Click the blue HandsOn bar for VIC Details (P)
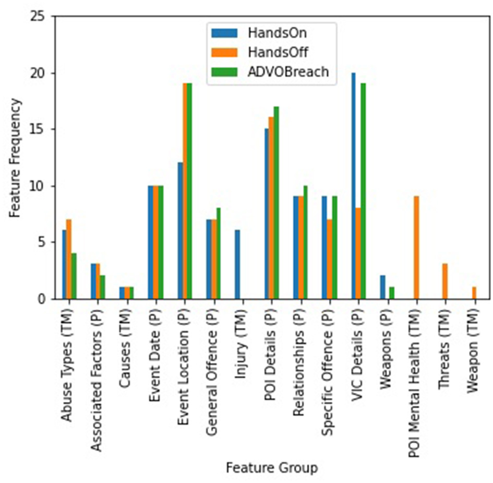click(353, 186)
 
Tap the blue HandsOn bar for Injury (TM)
click(237, 265)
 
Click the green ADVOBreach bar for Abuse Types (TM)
click(75, 276)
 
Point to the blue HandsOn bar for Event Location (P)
click(180, 231)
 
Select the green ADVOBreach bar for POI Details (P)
click(276, 203)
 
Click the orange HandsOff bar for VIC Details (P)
click(358, 253)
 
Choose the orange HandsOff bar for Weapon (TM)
click(474, 293)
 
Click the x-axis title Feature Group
click(271, 468)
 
